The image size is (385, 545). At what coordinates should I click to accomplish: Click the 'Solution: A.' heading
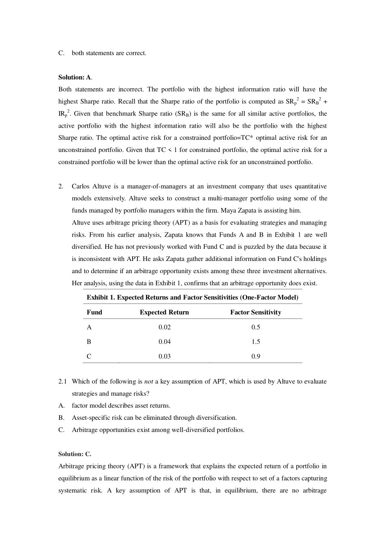coord(75,77)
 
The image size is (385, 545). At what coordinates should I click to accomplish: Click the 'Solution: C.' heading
coord(75,454)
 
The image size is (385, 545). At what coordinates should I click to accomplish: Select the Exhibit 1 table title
coord(192,297)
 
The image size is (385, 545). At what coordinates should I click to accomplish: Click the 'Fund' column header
coord(94,312)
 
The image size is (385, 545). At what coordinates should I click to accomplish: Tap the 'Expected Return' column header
coord(164,312)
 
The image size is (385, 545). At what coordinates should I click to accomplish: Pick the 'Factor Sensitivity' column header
coord(255,312)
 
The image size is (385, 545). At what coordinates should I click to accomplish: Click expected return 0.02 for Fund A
coord(165,327)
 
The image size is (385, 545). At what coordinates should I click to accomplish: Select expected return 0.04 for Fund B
coord(165,342)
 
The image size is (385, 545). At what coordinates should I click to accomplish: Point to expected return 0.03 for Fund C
coord(165,356)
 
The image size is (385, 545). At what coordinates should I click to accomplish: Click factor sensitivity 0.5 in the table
coord(256,327)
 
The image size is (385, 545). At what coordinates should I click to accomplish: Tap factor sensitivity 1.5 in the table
coord(256,342)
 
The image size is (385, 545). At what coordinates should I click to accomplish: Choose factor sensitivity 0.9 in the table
coord(256,356)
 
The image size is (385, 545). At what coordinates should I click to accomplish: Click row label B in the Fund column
coord(89,342)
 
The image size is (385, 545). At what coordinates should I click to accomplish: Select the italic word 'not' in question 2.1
coord(148,381)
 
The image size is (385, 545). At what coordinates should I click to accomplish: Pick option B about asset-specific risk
coord(154,417)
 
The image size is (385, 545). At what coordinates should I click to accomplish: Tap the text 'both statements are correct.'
coord(109,53)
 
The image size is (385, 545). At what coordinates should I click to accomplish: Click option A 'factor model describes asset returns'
coord(121,405)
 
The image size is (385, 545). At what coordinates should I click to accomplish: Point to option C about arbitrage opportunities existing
coord(158,430)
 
